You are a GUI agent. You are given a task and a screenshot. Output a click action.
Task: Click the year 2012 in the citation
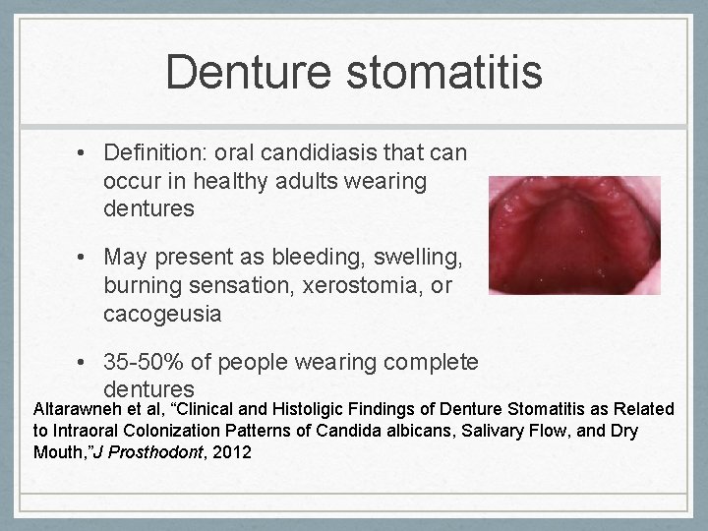pyautogui.click(x=231, y=452)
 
